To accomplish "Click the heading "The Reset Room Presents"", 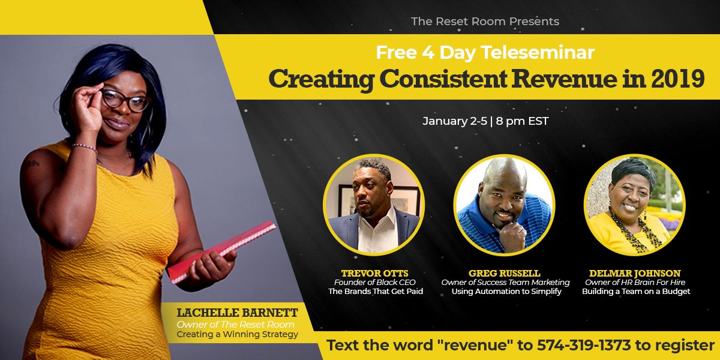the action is pyautogui.click(x=485, y=22).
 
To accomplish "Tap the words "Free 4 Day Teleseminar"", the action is pyautogui.click(x=485, y=52).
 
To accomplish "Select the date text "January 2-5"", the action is pyautogui.click(x=455, y=121).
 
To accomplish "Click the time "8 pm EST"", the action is pyautogui.click(x=522, y=121).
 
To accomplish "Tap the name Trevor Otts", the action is pyautogui.click(x=375, y=273).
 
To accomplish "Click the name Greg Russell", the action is pyautogui.click(x=505, y=273).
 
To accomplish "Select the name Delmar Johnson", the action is pyautogui.click(x=635, y=273).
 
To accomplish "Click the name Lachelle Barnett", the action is pyautogui.click(x=237, y=313).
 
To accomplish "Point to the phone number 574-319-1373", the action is pyautogui.click(x=584, y=346).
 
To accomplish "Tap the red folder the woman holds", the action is pyautogui.click(x=222, y=252).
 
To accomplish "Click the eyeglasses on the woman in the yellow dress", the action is pyautogui.click(x=125, y=100).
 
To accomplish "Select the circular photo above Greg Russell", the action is pyautogui.click(x=504, y=205).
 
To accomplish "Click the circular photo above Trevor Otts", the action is pyautogui.click(x=374, y=205).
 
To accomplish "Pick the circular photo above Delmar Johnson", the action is pyautogui.click(x=635, y=205).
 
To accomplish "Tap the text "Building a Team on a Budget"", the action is pyautogui.click(x=636, y=292).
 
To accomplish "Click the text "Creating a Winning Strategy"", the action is pyautogui.click(x=237, y=334).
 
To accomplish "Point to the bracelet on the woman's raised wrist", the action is pyautogui.click(x=85, y=147).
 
